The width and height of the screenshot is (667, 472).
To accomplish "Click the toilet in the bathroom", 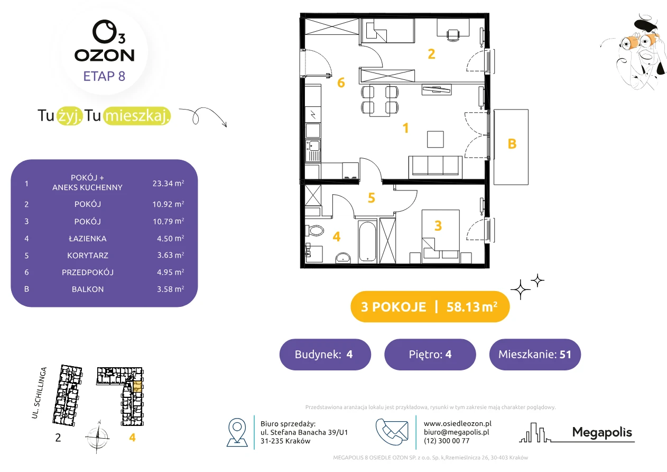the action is pyautogui.click(x=314, y=230).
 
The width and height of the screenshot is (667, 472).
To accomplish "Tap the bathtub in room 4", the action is pyautogui.click(x=367, y=241).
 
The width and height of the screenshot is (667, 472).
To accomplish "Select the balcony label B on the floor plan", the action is pyautogui.click(x=512, y=144).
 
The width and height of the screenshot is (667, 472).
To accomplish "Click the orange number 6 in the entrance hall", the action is pyautogui.click(x=341, y=83).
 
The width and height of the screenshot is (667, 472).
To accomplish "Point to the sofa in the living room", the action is pyautogui.click(x=436, y=167).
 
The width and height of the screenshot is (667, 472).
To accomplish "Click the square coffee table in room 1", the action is pyautogui.click(x=436, y=139).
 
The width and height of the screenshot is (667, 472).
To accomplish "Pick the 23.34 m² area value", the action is pyautogui.click(x=168, y=183).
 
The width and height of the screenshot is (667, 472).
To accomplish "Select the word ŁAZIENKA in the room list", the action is pyautogui.click(x=88, y=239).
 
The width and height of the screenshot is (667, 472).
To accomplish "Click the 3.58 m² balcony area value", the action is pyautogui.click(x=170, y=289).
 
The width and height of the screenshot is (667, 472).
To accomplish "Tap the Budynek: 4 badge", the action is pyautogui.click(x=325, y=354).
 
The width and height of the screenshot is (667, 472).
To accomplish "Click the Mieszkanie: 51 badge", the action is pyautogui.click(x=535, y=354).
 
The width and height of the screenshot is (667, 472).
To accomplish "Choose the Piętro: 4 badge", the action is pyautogui.click(x=430, y=354).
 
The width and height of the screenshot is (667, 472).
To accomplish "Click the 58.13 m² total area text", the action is pyautogui.click(x=471, y=307).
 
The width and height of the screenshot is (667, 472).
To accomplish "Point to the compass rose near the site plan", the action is pyautogui.click(x=97, y=437).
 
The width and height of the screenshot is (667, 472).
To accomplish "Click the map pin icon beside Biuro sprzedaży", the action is pyautogui.click(x=237, y=432).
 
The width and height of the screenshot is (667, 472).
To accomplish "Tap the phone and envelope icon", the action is pyautogui.click(x=392, y=432).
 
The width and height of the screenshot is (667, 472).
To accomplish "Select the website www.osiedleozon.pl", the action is pyautogui.click(x=457, y=423).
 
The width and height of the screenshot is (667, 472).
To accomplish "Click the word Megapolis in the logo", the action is pyautogui.click(x=602, y=432).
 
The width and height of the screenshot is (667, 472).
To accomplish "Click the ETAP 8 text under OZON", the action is pyautogui.click(x=104, y=76).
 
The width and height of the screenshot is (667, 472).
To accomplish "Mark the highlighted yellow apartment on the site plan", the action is pyautogui.click(x=137, y=386).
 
